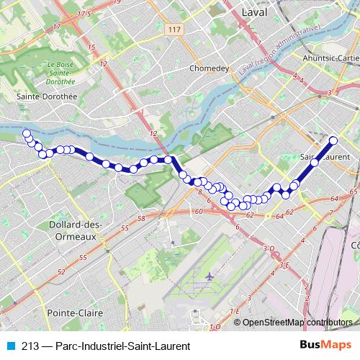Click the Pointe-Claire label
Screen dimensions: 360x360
[x=75, y=313]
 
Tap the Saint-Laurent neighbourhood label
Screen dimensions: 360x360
[x=325, y=156]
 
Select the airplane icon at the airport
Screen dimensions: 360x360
[x=210, y=276]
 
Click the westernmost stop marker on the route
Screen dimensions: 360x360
[x=27, y=133]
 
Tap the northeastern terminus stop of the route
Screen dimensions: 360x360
[x=333, y=140]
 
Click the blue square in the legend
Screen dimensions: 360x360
[x=9, y=346]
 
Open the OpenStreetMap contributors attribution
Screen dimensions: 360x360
[x=297, y=323]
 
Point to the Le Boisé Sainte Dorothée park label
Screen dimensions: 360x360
[x=61, y=74]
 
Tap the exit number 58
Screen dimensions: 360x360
[x=141, y=218]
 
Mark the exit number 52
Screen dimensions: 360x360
[x=60, y=272]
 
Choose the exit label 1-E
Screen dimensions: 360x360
[x=234, y=311]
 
